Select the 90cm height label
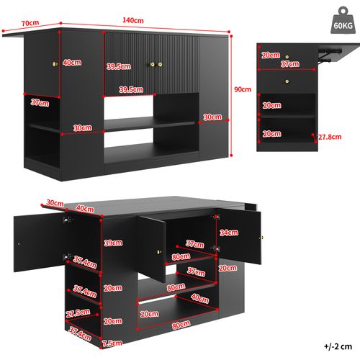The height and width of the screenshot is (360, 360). click(x=243, y=89)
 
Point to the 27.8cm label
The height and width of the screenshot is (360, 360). click(x=328, y=136)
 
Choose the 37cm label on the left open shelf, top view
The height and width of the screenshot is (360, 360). click(x=39, y=103)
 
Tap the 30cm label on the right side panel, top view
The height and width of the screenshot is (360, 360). click(x=212, y=117)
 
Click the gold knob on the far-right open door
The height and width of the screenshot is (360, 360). click(x=262, y=238)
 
